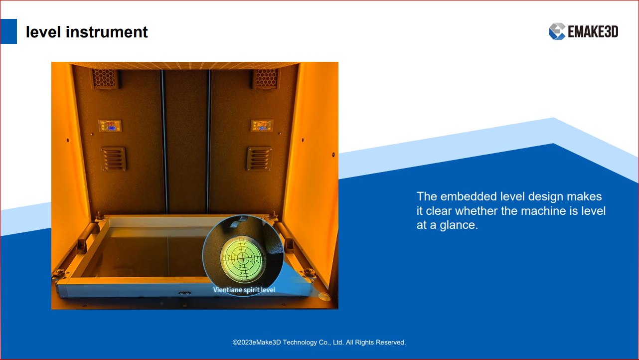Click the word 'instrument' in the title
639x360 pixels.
[x=107, y=32]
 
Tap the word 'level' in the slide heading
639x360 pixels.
[x=43, y=32]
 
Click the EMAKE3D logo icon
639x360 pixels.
[x=557, y=31]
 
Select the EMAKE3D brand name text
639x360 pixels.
[x=593, y=31]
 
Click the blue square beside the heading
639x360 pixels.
[x=8, y=31]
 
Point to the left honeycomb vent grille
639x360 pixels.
[x=104, y=78]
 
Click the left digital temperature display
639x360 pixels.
[x=110, y=126]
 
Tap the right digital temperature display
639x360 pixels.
[x=262, y=126]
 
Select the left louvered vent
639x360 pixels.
[x=113, y=159]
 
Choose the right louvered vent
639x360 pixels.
[x=259, y=159]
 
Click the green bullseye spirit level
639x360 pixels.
[x=243, y=259]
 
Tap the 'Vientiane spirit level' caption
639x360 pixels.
[x=244, y=290]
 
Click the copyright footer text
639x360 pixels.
[x=319, y=343]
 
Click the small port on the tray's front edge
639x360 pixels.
[x=184, y=293]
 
